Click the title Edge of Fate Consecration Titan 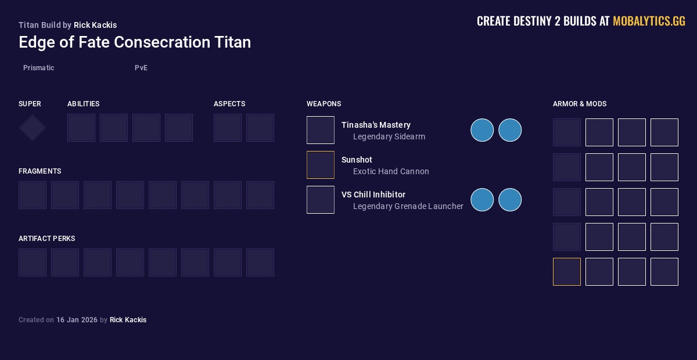[x=135, y=42]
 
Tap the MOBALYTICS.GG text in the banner [x=649, y=21]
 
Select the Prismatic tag [x=39, y=68]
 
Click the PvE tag [x=141, y=68]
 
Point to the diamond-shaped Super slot [x=33, y=128]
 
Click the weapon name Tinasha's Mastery [x=376, y=125]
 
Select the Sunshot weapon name [x=357, y=160]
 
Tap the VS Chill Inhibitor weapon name [x=373, y=195]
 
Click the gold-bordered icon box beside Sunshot [x=321, y=165]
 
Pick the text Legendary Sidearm [x=389, y=137]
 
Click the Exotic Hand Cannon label [x=391, y=172]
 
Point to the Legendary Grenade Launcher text [x=408, y=207]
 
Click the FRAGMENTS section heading [x=40, y=171]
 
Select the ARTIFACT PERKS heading [x=47, y=239]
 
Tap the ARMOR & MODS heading [x=580, y=104]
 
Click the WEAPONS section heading [x=324, y=104]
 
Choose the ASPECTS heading [x=229, y=104]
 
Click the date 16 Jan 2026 [x=77, y=320]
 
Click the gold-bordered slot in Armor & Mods [x=567, y=272]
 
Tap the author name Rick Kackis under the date [x=128, y=320]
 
